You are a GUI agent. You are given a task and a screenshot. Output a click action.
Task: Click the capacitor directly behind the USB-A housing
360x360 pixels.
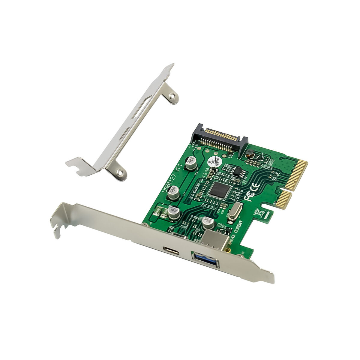[x=208, y=222]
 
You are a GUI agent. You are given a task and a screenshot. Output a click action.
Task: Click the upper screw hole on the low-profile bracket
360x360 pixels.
[x=172, y=96]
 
